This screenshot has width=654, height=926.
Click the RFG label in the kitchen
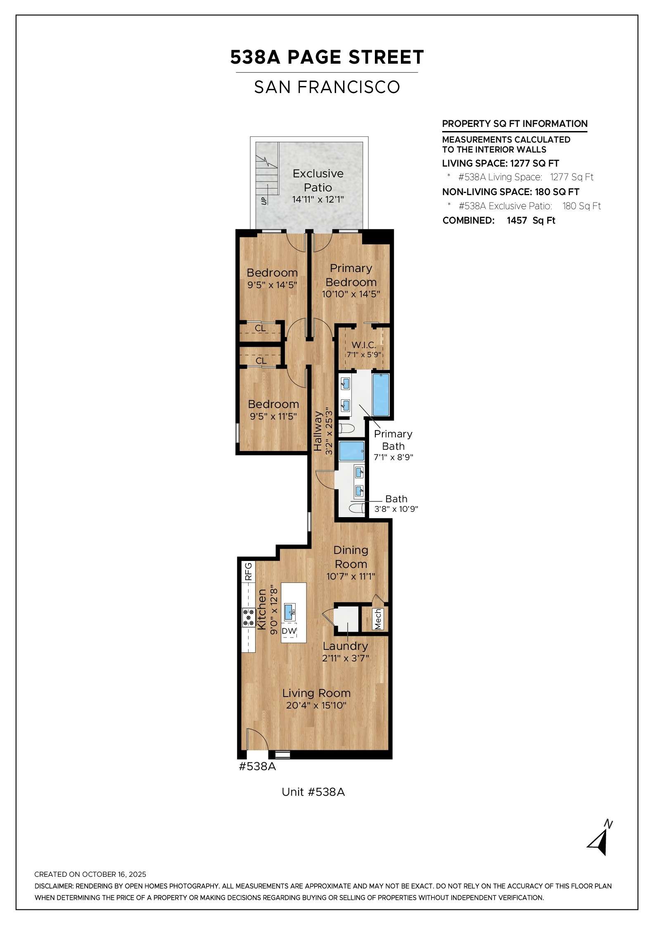click(x=248, y=572)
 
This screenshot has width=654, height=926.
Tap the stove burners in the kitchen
click(x=249, y=618)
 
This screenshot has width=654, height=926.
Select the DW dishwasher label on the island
click(x=289, y=631)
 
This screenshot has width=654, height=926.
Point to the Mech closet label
click(x=378, y=619)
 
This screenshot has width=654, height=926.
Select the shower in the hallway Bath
click(x=352, y=451)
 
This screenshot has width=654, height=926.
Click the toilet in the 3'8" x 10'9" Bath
click(x=357, y=508)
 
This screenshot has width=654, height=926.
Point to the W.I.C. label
click(x=364, y=345)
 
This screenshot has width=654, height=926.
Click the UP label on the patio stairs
click(x=264, y=201)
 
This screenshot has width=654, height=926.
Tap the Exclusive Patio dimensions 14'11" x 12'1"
click(x=318, y=200)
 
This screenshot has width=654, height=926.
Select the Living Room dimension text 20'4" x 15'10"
click(x=316, y=705)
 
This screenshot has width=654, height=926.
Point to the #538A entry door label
click(x=257, y=766)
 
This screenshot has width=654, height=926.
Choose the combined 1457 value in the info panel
click(x=517, y=220)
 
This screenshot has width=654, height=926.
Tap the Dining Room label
click(x=351, y=557)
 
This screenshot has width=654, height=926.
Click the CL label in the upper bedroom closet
click(x=260, y=329)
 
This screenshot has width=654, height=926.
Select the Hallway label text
click(x=318, y=431)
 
